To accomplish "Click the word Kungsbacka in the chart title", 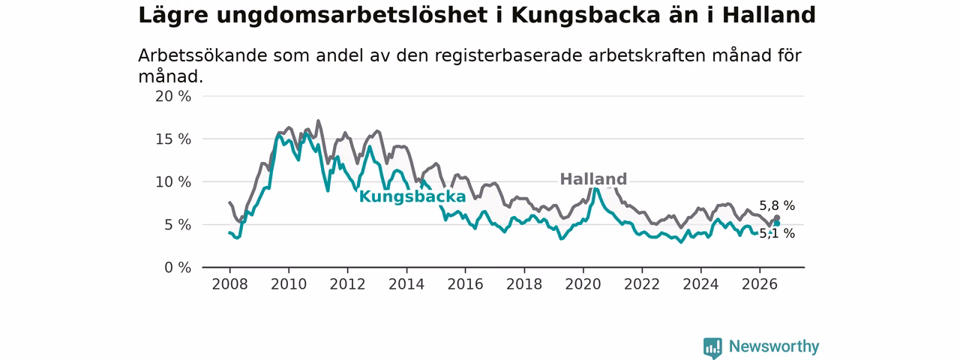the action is click(x=585, y=16).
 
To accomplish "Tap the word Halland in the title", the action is click(x=769, y=16).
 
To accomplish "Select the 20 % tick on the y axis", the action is click(x=173, y=97).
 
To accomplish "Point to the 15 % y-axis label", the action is click(x=173, y=139).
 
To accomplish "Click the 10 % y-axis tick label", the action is click(x=173, y=182).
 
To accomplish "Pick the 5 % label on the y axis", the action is click(x=178, y=225).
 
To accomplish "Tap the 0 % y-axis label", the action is click(x=178, y=268).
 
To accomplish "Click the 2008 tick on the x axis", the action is click(x=229, y=284).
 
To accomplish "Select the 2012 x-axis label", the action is click(x=347, y=284).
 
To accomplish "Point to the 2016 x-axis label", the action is click(x=466, y=284).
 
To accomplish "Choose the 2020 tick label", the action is click(x=583, y=284).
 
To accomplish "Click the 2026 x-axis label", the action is click(x=760, y=284).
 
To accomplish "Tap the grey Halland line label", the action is click(x=593, y=178).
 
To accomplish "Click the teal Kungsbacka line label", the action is click(x=412, y=196).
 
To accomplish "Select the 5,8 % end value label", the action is click(x=777, y=206).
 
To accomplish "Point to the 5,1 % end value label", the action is click(x=777, y=233).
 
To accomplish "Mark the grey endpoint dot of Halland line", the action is click(x=776, y=218).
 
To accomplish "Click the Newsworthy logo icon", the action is click(x=712, y=348).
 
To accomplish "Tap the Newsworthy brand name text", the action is click(x=774, y=346).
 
